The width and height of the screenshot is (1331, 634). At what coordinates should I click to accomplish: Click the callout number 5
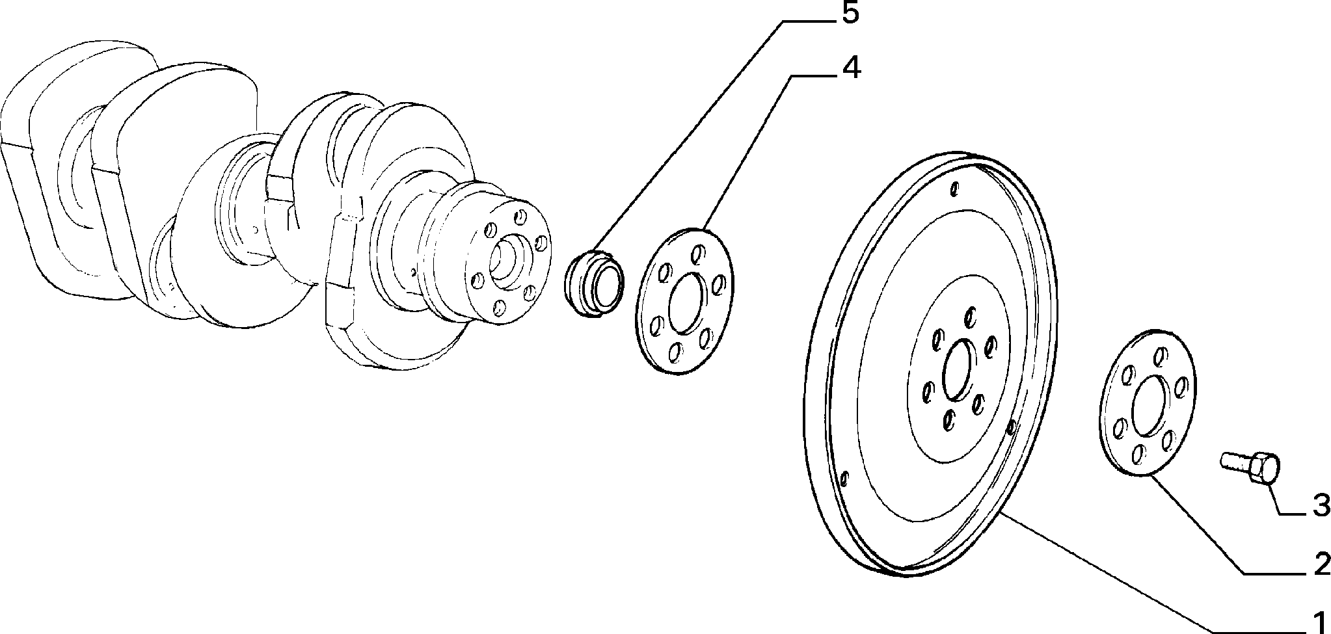[850, 14]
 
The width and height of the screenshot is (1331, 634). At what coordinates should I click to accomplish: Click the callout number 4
[850, 68]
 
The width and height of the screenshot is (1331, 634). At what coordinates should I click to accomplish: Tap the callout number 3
[1320, 505]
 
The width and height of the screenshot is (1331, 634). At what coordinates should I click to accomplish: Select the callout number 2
[1321, 564]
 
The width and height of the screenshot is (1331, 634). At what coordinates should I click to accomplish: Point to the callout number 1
[1319, 622]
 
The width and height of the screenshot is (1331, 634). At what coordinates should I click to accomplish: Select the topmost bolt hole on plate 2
[1158, 356]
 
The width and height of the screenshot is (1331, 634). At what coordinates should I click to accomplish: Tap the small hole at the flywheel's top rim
[954, 189]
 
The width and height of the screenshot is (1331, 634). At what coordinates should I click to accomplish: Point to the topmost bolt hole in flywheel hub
[970, 317]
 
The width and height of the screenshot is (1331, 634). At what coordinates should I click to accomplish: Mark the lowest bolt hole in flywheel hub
[948, 419]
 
